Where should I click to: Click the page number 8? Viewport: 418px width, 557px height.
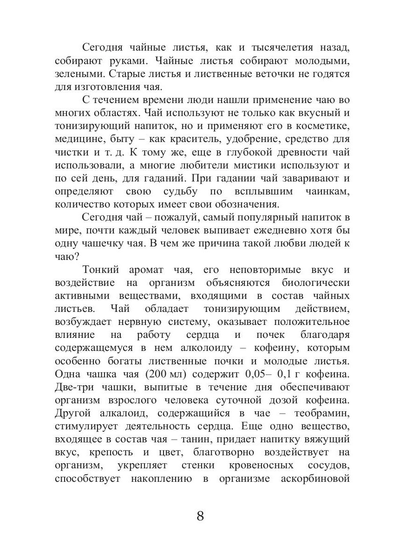click(x=200, y=516)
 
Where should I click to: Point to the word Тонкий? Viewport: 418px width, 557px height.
click(x=102, y=270)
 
